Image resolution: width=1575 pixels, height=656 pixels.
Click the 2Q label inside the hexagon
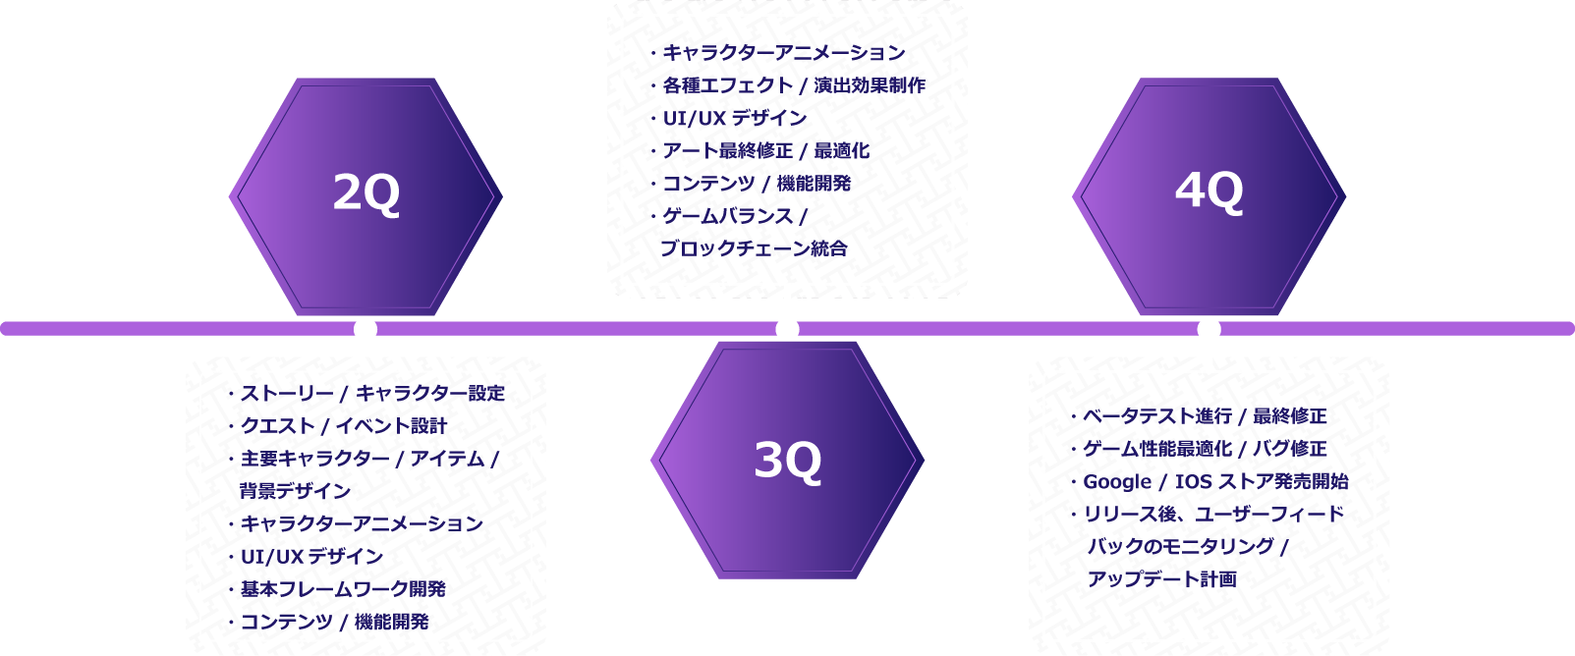(366, 193)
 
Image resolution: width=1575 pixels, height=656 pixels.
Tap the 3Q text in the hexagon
(788, 462)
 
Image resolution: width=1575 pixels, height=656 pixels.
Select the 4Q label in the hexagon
(1209, 191)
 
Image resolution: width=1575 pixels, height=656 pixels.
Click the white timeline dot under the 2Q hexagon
(366, 329)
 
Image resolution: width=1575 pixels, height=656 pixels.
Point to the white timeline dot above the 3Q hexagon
(788, 329)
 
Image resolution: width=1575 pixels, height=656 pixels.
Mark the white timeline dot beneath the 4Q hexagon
(1209, 329)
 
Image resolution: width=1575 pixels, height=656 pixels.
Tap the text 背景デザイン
(296, 491)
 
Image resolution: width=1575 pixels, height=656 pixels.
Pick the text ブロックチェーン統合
(755, 248)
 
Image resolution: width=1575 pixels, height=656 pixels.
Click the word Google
(1117, 482)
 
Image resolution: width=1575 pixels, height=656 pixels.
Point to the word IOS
(1193, 481)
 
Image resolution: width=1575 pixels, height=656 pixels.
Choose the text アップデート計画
(1162, 579)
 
